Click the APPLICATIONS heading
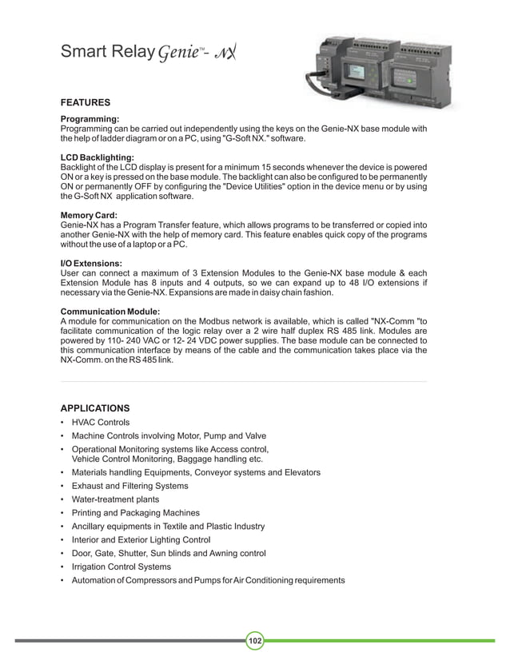coord(95,408)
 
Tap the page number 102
coord(255,641)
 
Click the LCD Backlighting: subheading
coord(98,157)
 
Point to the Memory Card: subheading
coord(90,215)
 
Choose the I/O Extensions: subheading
coord(92,262)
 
